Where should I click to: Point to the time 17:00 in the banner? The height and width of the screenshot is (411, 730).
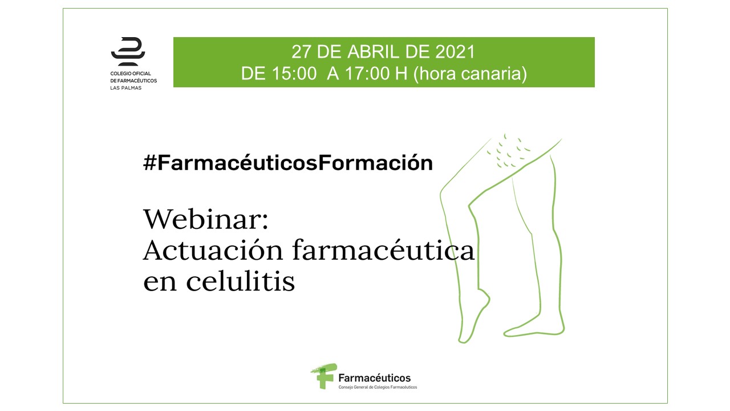tap(367, 74)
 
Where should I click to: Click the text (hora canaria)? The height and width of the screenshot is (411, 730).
tap(470, 74)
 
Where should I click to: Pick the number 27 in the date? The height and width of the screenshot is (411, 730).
tap(302, 52)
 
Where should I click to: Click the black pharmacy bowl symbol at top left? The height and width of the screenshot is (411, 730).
tap(128, 51)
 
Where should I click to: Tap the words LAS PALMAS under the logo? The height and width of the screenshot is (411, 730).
tap(126, 88)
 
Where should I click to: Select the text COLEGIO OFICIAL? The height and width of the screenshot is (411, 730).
tap(131, 74)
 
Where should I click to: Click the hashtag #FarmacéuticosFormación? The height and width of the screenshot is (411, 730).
tap(288, 163)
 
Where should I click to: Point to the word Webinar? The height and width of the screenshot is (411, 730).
tap(206, 219)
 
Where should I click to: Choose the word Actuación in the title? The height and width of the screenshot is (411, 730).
tap(213, 250)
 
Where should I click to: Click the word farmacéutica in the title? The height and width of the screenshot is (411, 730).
tap(383, 250)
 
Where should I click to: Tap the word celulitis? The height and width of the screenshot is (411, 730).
tap(241, 280)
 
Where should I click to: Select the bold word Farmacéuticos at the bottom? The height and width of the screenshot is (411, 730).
tap(375, 378)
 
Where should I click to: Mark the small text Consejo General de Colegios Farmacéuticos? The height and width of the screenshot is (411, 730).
tap(378, 387)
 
